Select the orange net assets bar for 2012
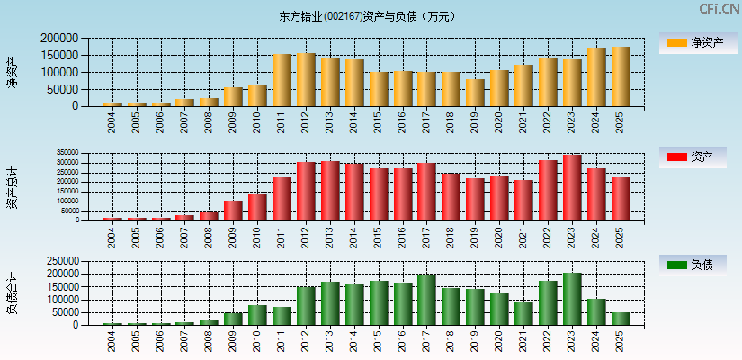[x=306, y=80]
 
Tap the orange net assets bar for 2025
[x=621, y=76]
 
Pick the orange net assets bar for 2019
[x=475, y=93]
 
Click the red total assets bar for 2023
[x=572, y=187]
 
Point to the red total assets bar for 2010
[x=257, y=207]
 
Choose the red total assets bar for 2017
[x=426, y=192]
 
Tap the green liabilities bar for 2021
[x=523, y=313]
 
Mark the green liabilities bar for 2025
[x=621, y=319]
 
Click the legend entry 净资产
[x=693, y=42]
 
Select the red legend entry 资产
[x=693, y=157]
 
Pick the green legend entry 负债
[x=693, y=265]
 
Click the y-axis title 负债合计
[x=13, y=292]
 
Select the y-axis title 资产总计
[x=13, y=187]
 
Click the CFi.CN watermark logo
[x=719, y=9]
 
